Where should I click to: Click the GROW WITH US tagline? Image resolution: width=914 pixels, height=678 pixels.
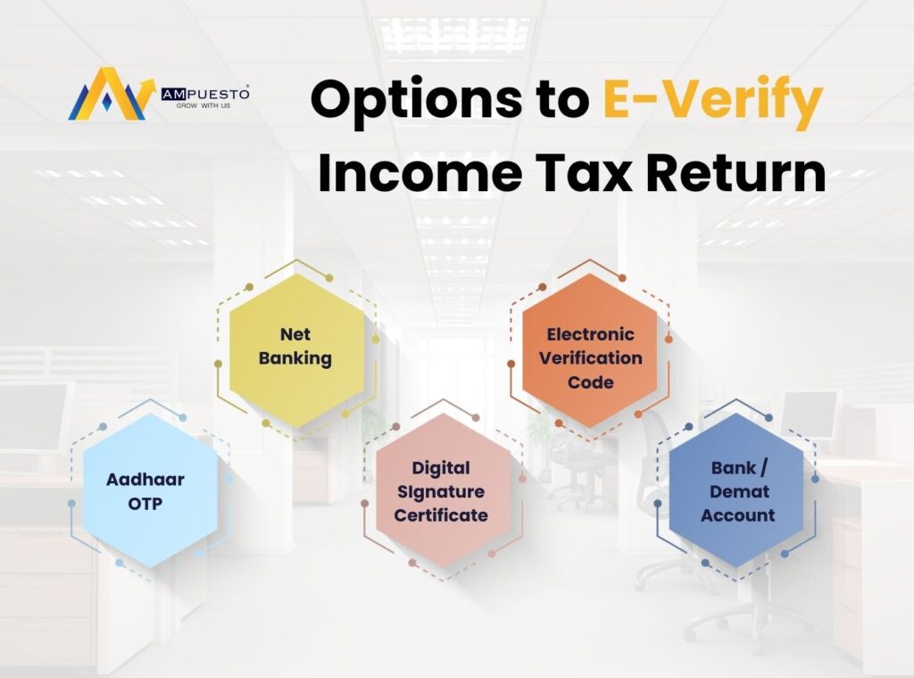tap(204, 105)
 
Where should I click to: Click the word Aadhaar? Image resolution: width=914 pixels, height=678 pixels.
tap(145, 480)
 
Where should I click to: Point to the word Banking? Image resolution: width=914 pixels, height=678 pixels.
tap(295, 359)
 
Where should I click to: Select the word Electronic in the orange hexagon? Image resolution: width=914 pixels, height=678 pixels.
tap(591, 335)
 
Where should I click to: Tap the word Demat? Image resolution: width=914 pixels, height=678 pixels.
tap(737, 491)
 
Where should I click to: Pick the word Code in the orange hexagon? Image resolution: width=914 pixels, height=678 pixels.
tap(591, 382)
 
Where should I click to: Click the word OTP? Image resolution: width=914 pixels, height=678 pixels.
tap(145, 503)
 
